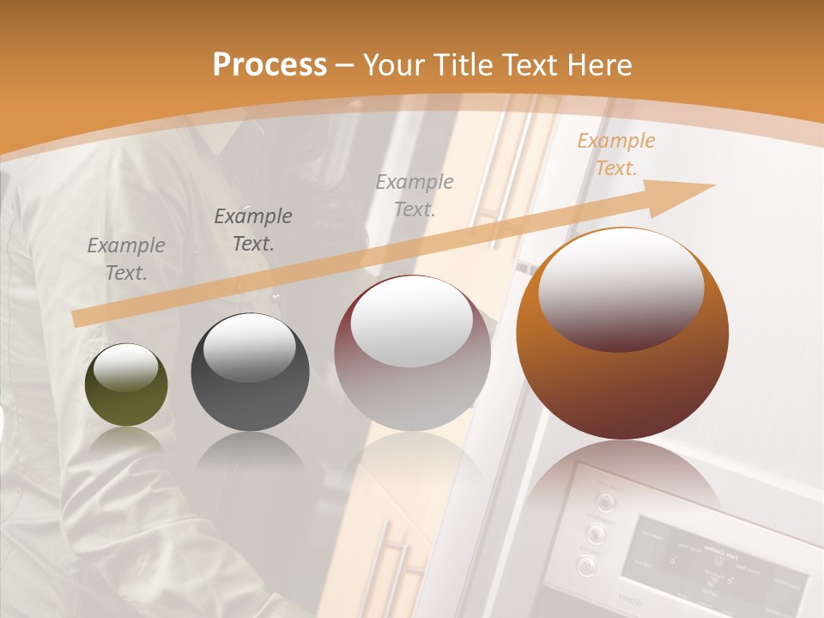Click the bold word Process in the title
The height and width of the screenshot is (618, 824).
coord(270,64)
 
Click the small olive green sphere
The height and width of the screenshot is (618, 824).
coord(126,385)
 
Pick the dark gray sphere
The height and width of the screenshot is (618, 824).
coord(250,373)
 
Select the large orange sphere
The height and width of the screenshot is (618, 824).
coord(622,335)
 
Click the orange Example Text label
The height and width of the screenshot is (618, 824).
coord(615,154)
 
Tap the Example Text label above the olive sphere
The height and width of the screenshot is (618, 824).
coord(126,259)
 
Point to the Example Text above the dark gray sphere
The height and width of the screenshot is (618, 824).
coord(253,230)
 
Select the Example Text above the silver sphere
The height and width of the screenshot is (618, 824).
coord(415,195)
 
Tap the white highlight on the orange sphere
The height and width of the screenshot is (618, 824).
coord(621,288)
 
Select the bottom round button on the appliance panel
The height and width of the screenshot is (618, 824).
coord(586,566)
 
